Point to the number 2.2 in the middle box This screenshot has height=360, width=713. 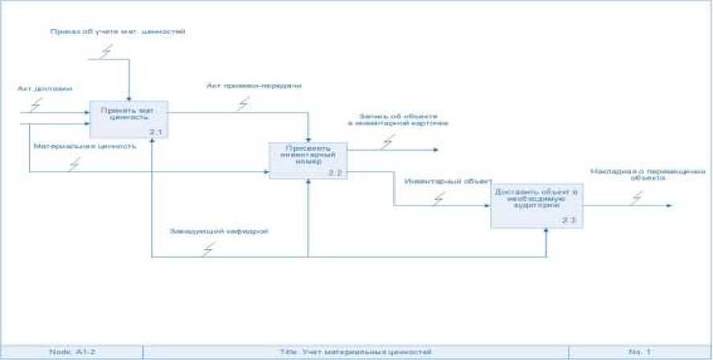click(335, 173)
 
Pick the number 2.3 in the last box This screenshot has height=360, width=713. click(568, 220)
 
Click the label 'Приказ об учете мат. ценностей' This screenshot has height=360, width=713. click(118, 32)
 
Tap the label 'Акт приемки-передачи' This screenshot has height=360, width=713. click(253, 84)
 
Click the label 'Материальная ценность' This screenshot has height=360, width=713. click(84, 146)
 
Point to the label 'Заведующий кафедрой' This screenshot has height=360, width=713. click(218, 231)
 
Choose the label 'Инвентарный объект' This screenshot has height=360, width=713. click(448, 182)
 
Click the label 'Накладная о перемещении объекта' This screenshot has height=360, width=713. click(647, 174)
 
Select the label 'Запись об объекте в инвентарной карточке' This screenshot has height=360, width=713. click(398, 119)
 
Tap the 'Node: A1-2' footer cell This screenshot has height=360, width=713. click(72, 352)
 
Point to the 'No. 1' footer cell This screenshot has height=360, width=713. click(639, 352)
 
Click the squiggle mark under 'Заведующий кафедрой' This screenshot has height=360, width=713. click(209, 249)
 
